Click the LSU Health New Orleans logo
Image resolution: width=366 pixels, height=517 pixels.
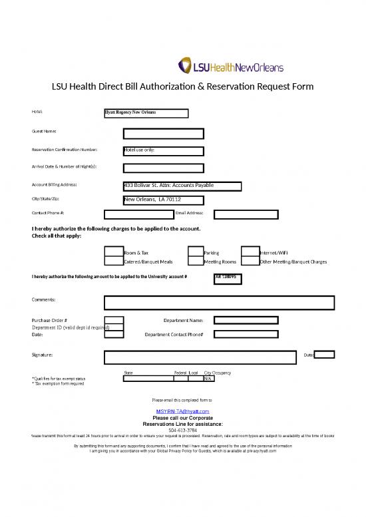click(x=231, y=66)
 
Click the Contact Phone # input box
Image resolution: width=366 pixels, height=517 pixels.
click(x=138, y=214)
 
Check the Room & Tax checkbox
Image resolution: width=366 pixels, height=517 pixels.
click(x=113, y=252)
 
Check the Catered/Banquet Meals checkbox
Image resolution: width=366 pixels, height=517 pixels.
click(x=113, y=261)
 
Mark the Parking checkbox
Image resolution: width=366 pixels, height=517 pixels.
click(x=195, y=252)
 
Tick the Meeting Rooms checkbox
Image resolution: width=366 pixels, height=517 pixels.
click(x=195, y=261)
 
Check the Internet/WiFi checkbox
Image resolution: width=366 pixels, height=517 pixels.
click(x=250, y=252)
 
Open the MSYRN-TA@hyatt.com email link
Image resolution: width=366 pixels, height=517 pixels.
click(x=182, y=412)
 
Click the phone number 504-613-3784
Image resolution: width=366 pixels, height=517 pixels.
click(x=182, y=430)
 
